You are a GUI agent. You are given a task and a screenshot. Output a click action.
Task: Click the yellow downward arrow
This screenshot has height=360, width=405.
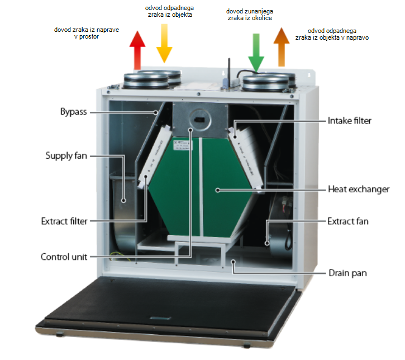point(164,48)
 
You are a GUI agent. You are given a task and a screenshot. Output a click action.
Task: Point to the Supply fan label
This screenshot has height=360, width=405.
point(66,155)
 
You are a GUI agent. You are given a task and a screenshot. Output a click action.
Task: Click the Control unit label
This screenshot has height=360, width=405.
point(64,257)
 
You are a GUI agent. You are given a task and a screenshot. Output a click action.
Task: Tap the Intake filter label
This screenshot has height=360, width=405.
point(350,120)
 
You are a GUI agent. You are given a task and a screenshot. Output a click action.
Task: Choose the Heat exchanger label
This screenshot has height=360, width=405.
point(358,190)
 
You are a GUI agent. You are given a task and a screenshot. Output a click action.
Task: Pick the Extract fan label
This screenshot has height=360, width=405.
point(347,221)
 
